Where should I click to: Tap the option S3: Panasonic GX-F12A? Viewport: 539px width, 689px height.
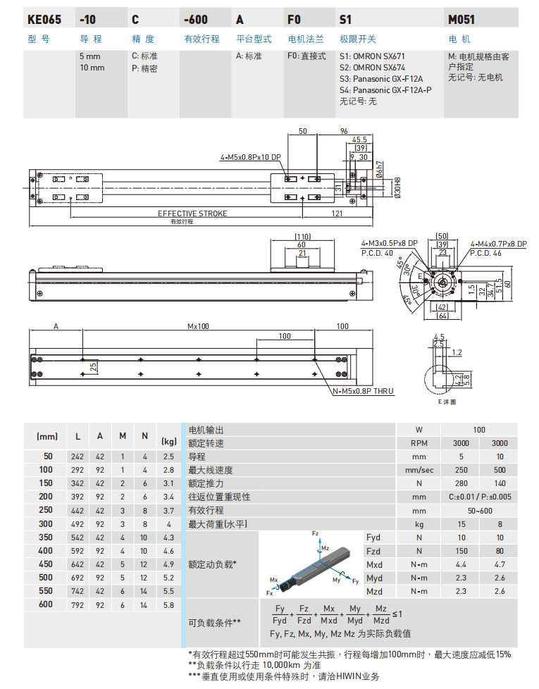point(382,79)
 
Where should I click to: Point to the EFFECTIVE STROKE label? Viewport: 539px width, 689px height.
point(192,213)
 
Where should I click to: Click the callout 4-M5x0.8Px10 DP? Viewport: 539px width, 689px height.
point(250,157)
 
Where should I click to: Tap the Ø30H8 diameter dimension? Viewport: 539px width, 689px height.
point(398,188)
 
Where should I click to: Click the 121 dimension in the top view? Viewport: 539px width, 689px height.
point(336,213)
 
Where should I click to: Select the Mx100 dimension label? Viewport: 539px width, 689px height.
point(199,327)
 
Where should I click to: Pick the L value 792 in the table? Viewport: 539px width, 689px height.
point(78,604)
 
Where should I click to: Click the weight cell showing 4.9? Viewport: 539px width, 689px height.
point(168,564)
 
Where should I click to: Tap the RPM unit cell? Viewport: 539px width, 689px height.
point(419,443)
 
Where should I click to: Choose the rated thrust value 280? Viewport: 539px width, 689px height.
point(461,483)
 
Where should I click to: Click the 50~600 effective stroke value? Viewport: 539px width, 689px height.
point(481,510)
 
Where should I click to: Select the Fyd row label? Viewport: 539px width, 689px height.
point(375,538)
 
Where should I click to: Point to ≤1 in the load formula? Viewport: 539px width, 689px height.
point(397,614)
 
